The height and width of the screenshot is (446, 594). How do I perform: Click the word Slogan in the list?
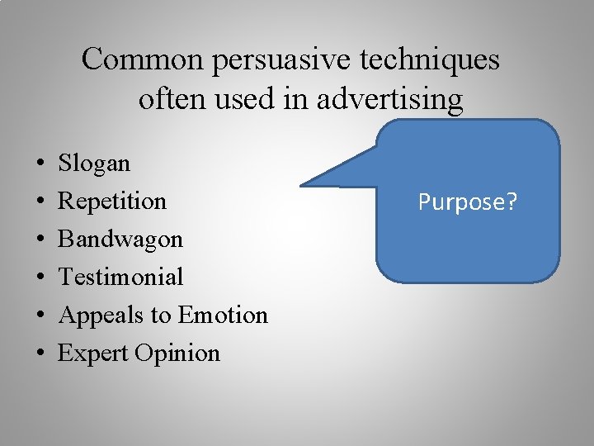click(94, 164)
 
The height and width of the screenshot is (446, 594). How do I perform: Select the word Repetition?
click(112, 202)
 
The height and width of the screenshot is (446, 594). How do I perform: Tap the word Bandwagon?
click(120, 240)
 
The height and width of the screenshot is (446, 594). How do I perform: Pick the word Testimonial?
click(120, 277)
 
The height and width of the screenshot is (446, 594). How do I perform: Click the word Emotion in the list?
click(223, 315)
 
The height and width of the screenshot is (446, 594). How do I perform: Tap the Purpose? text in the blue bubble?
click(468, 202)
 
